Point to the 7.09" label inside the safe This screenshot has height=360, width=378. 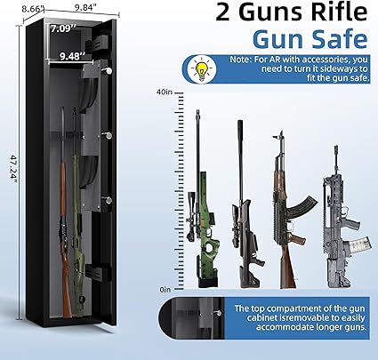[x=63, y=28]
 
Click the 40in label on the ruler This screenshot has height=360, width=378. [x=165, y=92]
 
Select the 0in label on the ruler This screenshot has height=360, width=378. [x=165, y=290]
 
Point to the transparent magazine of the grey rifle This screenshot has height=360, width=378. [x=359, y=245]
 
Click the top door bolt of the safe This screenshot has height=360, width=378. [x=107, y=70]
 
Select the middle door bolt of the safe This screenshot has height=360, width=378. [x=107, y=135]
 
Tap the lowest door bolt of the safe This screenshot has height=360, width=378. [x=108, y=200]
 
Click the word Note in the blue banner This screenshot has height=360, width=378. [x=239, y=60]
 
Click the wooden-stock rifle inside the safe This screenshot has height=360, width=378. [x=64, y=213]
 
